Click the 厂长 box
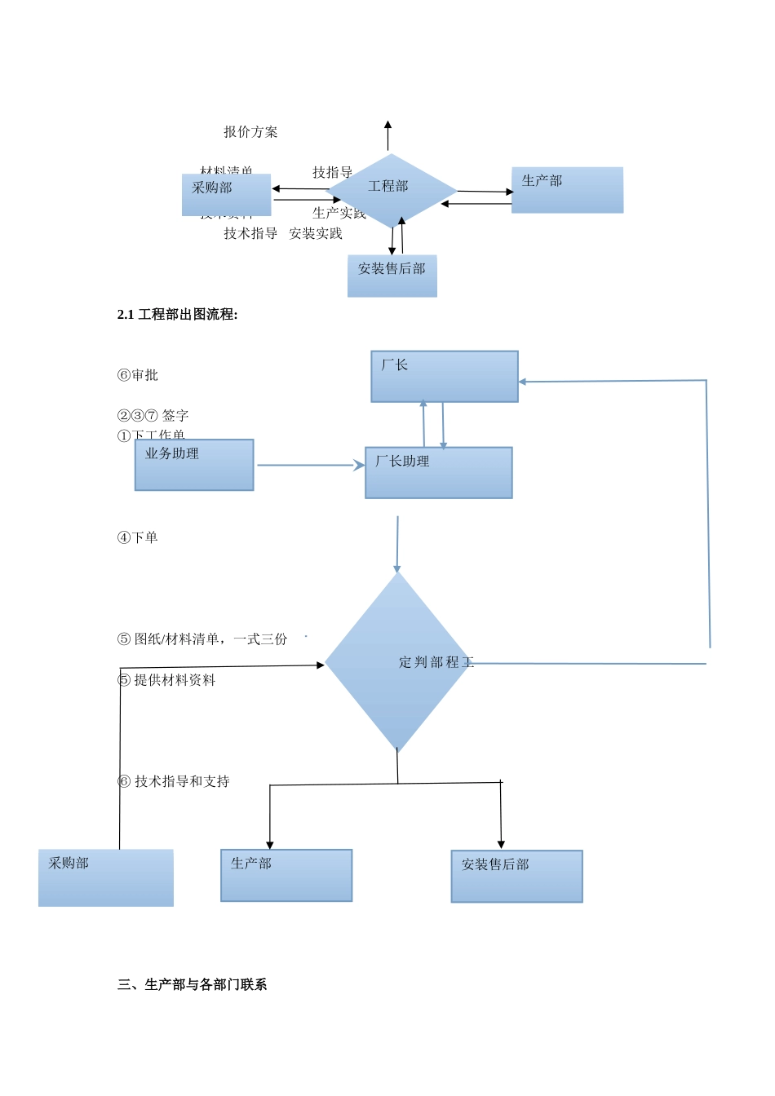pyautogui.click(x=445, y=377)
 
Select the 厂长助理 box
pyautogui.click(x=439, y=473)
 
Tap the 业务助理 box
pyautogui.click(x=194, y=465)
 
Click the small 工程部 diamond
pyautogui.click(x=391, y=190)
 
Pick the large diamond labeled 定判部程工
pyautogui.click(x=397, y=662)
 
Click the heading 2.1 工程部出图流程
pyautogui.click(x=178, y=315)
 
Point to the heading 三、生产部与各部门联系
pyautogui.click(x=193, y=985)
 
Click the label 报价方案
pyautogui.click(x=250, y=132)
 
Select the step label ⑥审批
pyautogui.click(x=138, y=375)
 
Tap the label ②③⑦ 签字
pyautogui.click(x=153, y=416)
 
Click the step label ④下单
pyautogui.click(x=138, y=537)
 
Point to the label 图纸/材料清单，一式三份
pyautogui.click(x=210, y=639)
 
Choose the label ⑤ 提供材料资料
pyautogui.click(x=167, y=680)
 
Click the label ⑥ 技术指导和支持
pyautogui.click(x=174, y=781)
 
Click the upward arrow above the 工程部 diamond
pyautogui.click(x=387, y=136)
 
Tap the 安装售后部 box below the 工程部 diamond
pyautogui.click(x=392, y=276)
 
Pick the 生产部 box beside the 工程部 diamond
pyautogui.click(x=567, y=190)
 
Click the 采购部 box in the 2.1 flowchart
pyautogui.click(x=106, y=877)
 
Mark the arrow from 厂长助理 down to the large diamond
pyautogui.click(x=397, y=544)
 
